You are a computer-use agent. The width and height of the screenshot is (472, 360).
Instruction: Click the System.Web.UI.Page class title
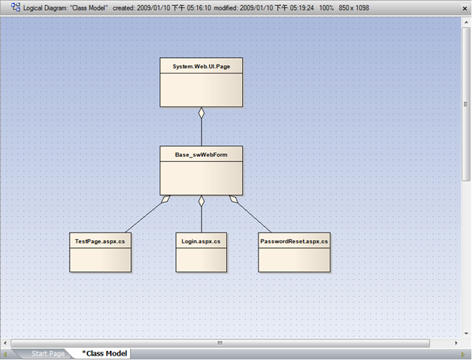[x=202, y=67]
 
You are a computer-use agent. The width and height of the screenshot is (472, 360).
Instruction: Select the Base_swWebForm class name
[x=201, y=154]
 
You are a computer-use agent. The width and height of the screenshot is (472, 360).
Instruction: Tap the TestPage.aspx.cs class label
[x=100, y=241]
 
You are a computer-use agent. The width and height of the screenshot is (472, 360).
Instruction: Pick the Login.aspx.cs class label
[x=201, y=241]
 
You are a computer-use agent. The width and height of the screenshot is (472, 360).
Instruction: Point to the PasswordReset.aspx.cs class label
[x=294, y=241]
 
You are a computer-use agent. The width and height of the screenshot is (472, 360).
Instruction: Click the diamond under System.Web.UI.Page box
[x=202, y=112]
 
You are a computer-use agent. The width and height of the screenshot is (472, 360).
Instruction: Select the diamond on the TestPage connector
[x=166, y=199]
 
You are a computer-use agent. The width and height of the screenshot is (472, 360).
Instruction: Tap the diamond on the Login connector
[x=202, y=201]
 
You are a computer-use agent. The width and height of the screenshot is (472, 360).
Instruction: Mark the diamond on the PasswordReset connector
[x=234, y=199]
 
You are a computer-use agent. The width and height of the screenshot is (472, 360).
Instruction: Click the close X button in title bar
[x=465, y=9]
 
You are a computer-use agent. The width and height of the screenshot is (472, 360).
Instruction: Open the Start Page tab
[x=48, y=353]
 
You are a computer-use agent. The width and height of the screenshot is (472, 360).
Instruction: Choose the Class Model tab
[x=104, y=353]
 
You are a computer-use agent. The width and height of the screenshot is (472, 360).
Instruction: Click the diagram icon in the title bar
[x=16, y=7]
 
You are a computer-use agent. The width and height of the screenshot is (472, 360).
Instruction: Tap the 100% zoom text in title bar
[x=327, y=7]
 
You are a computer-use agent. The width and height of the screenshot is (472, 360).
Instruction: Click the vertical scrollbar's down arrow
[x=466, y=334]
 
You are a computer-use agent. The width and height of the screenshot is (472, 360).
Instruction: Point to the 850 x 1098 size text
[x=354, y=7]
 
